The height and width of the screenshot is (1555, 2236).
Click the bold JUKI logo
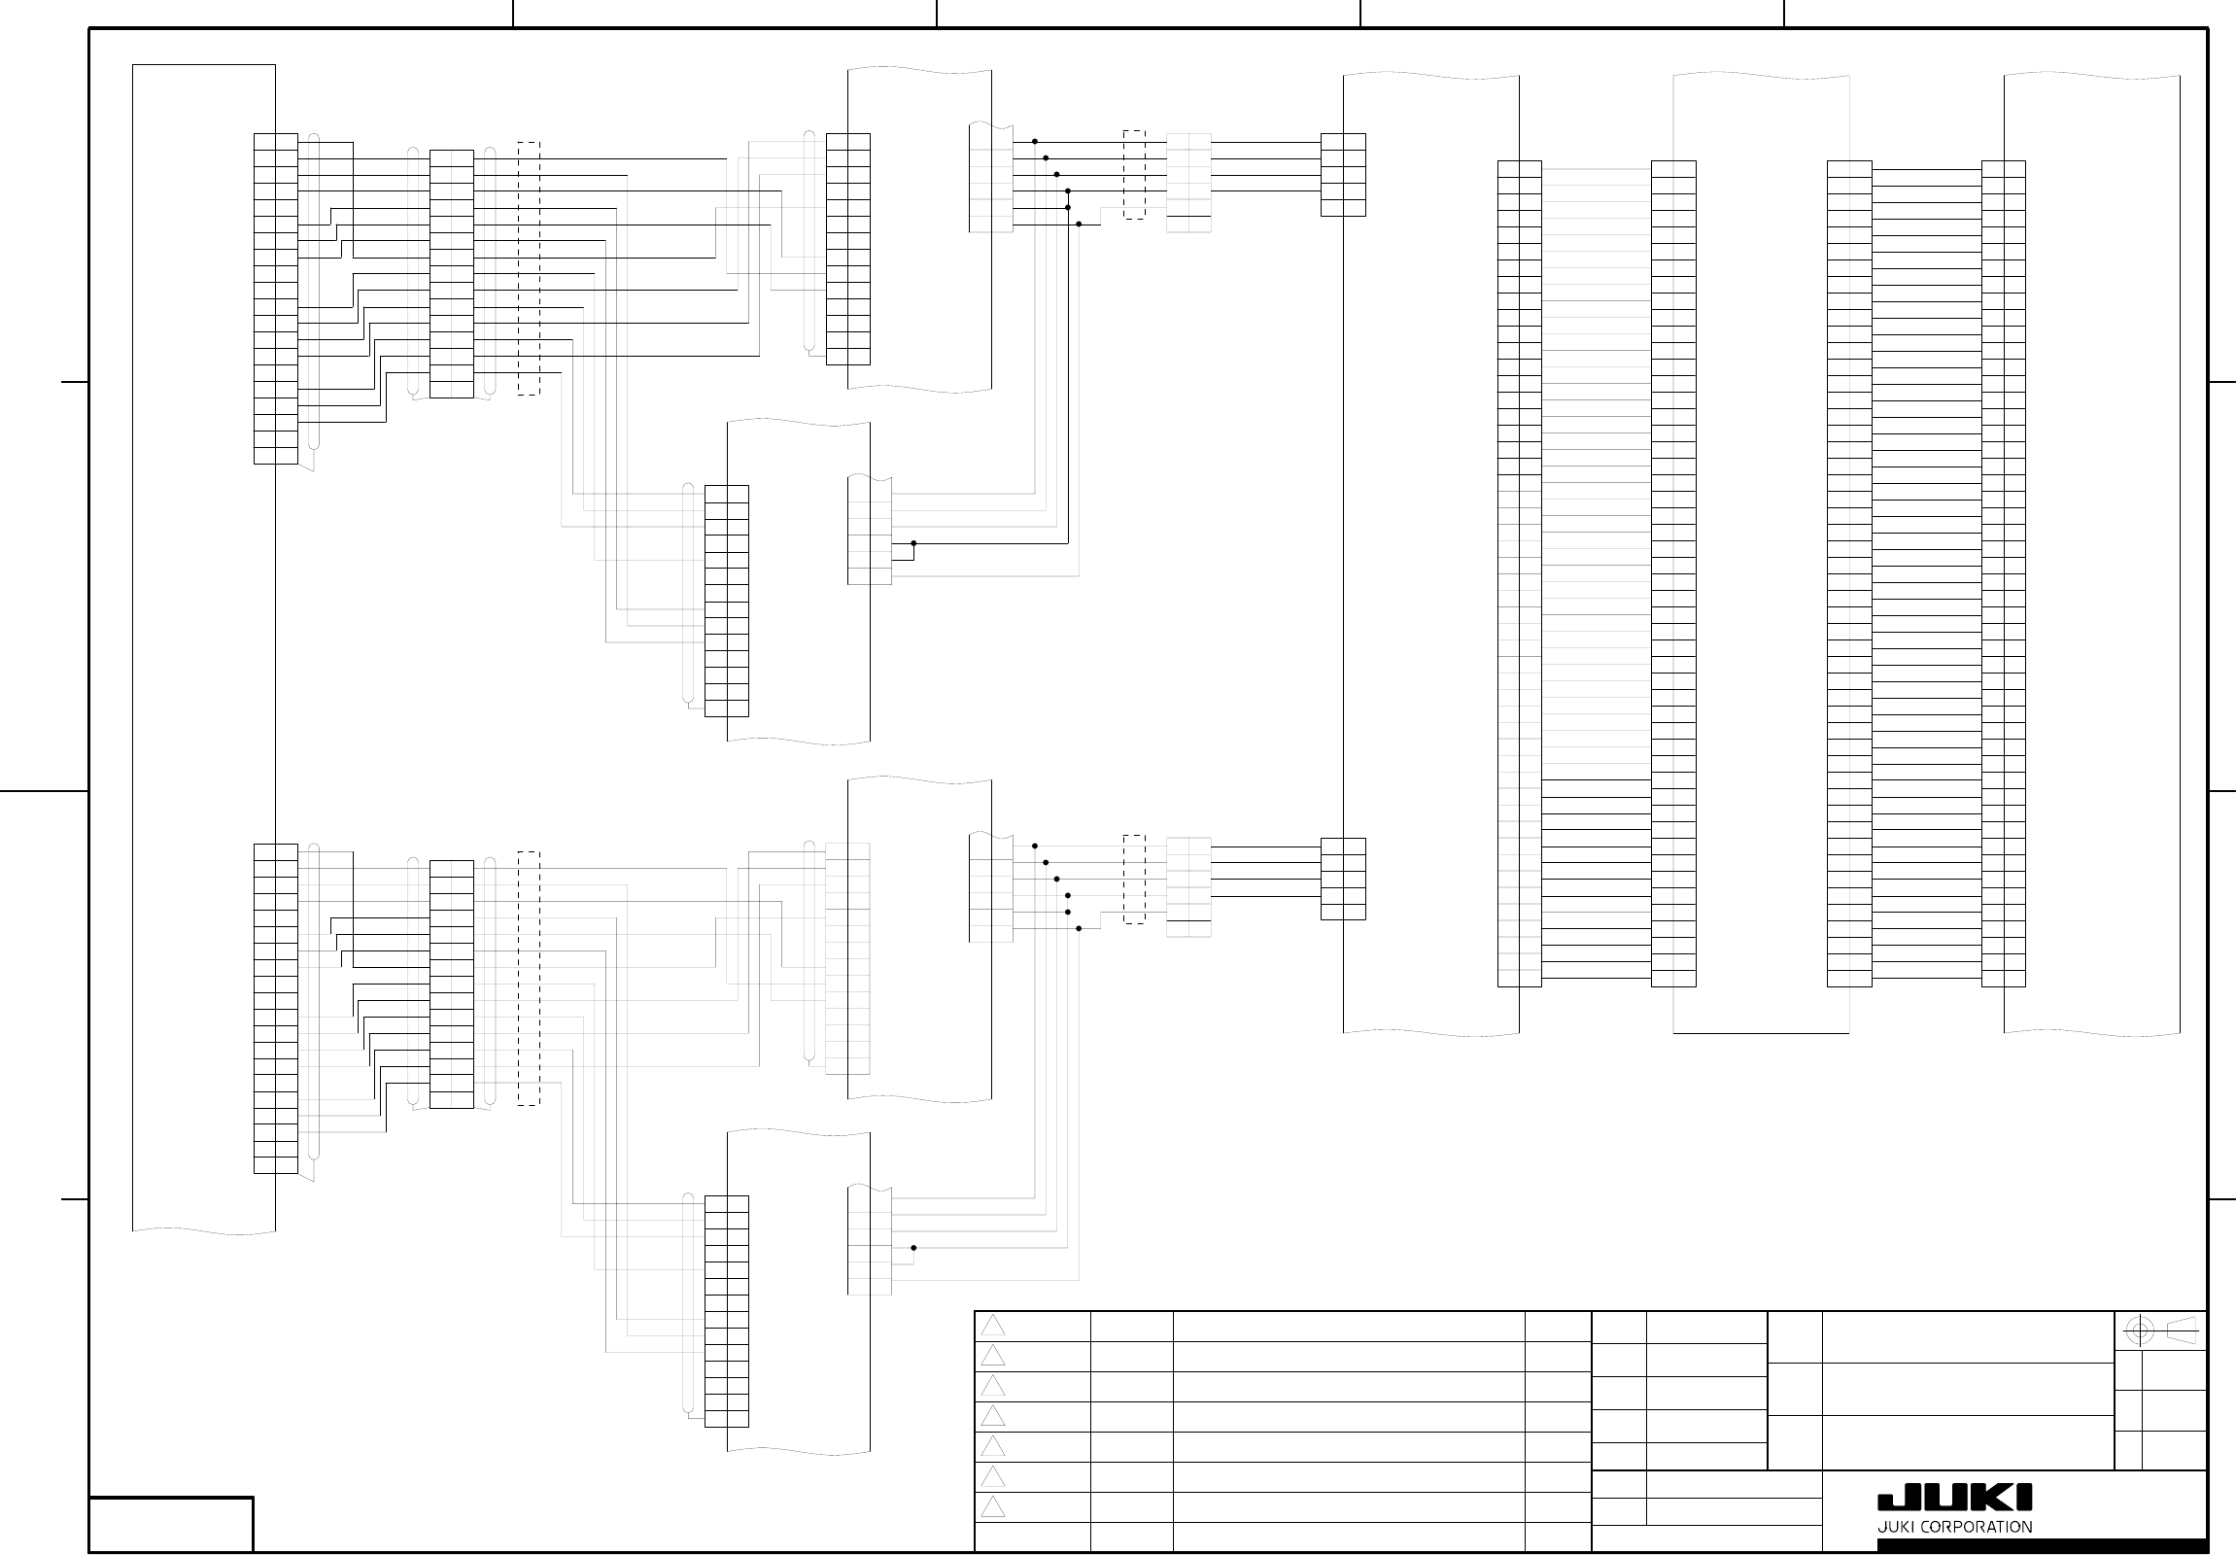coord(1954,1497)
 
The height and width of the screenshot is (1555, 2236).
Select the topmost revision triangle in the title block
coord(992,1326)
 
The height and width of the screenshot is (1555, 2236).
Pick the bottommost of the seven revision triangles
coord(992,1507)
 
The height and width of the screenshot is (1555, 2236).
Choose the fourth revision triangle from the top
coord(992,1416)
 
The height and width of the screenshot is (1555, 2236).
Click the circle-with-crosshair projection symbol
coord(2139,1330)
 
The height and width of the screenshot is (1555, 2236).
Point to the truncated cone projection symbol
coord(2182,1330)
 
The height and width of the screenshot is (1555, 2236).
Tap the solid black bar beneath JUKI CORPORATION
coord(2043,1545)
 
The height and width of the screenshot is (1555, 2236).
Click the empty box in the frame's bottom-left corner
coord(171,1524)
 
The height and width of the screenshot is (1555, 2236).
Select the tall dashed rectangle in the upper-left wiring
coord(528,268)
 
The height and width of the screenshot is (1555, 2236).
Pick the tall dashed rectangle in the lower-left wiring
coord(528,978)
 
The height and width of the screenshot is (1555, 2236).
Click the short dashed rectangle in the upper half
coord(1134,174)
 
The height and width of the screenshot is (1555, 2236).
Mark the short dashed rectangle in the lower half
coord(1134,879)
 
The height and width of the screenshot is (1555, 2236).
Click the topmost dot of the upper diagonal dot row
coord(1034,141)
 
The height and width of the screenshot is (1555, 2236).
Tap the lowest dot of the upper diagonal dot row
coord(1079,224)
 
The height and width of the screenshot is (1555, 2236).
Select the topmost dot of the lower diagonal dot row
coord(1034,847)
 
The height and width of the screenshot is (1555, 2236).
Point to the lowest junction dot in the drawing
coord(913,1247)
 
